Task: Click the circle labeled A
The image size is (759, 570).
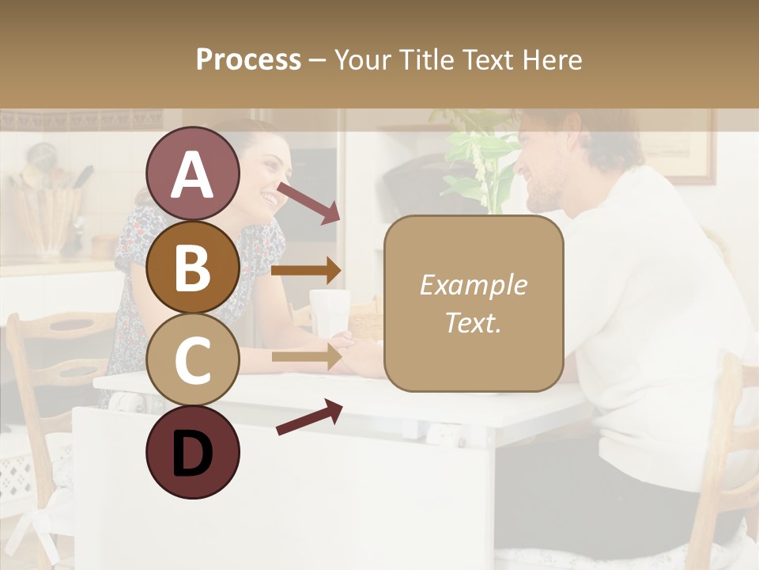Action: (x=193, y=174)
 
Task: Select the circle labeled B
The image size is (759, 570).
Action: (x=193, y=268)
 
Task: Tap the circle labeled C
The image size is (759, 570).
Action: (x=193, y=359)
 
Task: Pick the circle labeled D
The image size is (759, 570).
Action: (x=193, y=452)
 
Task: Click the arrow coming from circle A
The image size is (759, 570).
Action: (x=308, y=203)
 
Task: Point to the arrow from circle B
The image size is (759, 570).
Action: (x=306, y=271)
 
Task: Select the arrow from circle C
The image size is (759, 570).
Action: (x=306, y=357)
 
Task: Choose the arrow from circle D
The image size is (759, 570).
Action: (x=308, y=417)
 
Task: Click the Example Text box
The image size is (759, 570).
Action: (x=473, y=303)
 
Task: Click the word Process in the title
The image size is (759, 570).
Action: (x=248, y=59)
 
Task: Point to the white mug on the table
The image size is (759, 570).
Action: (x=330, y=311)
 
